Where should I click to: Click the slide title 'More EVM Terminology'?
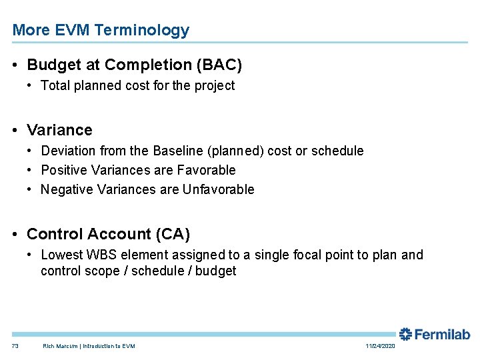(101, 30)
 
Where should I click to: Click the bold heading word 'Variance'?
(59, 130)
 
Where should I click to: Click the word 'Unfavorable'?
(219, 189)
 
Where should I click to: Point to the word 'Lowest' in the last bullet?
(61, 255)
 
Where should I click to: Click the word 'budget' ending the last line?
(215, 271)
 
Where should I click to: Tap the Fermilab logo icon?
(405, 334)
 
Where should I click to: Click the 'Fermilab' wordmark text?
(443, 334)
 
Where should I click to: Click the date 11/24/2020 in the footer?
(381, 346)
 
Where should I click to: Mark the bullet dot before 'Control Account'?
(16, 234)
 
